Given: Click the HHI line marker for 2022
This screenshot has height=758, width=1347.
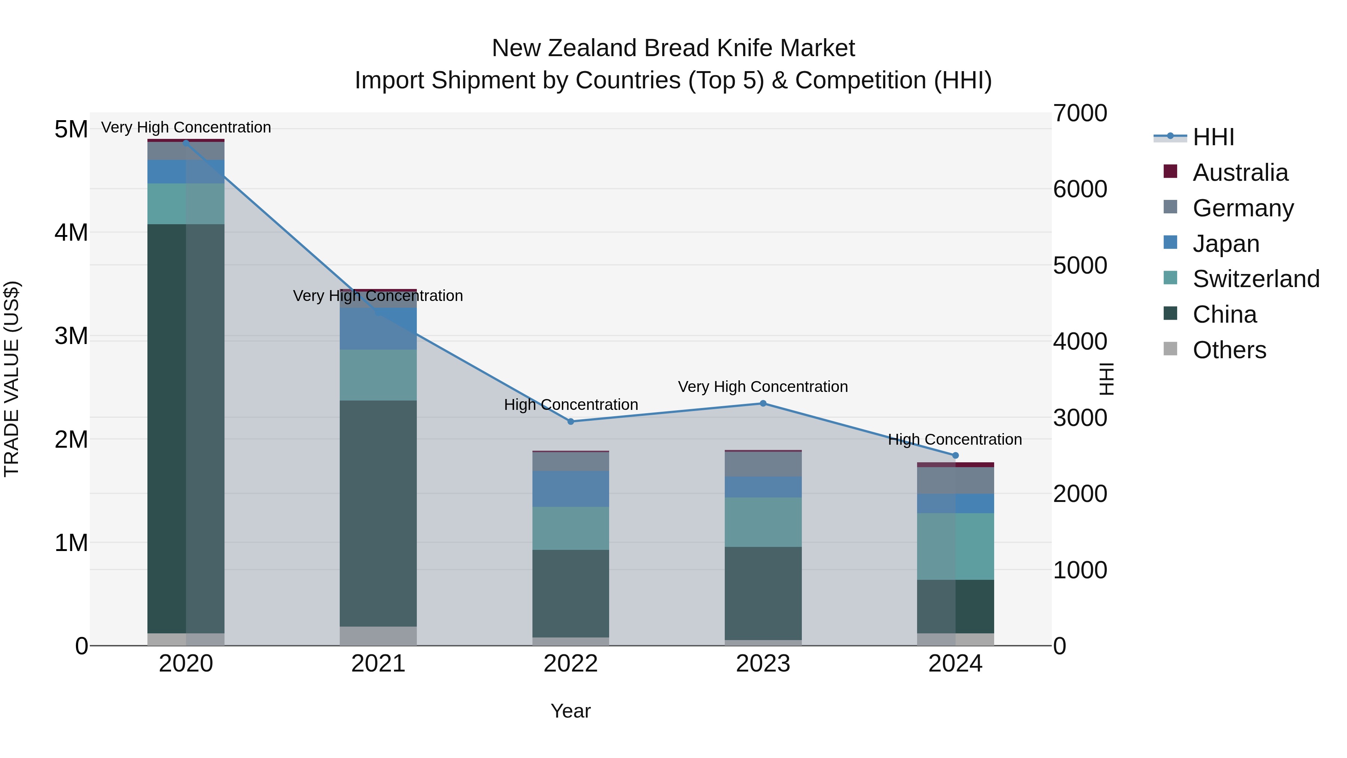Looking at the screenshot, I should point(571,421).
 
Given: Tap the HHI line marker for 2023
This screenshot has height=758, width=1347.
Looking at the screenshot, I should point(763,403).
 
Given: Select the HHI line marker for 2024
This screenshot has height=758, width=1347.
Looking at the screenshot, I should point(955,456).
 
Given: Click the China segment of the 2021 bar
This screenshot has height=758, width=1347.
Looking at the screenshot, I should point(378,513).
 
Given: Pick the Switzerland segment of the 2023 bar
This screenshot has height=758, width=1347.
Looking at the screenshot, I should point(763,522).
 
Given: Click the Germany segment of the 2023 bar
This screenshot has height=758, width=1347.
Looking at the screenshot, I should point(763,464).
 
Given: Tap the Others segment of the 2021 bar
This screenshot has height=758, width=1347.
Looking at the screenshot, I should point(378,636).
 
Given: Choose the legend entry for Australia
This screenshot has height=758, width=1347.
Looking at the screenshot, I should point(1240,173).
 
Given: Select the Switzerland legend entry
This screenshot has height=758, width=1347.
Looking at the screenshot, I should point(1255,279).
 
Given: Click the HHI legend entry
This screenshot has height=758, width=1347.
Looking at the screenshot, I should point(1213,137).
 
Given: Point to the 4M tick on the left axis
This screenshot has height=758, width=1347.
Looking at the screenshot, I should point(71,232).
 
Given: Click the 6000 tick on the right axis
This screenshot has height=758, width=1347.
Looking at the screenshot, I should point(1080,189).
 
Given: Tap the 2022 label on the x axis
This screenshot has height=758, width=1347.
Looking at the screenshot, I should point(571,664).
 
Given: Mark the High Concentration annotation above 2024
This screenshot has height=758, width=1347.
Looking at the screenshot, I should point(955,439).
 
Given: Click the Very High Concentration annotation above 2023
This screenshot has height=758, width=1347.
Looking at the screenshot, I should point(763,387).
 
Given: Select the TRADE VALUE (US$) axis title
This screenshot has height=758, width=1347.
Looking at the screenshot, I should point(12,379).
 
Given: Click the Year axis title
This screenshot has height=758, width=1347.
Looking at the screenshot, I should point(571,711).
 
